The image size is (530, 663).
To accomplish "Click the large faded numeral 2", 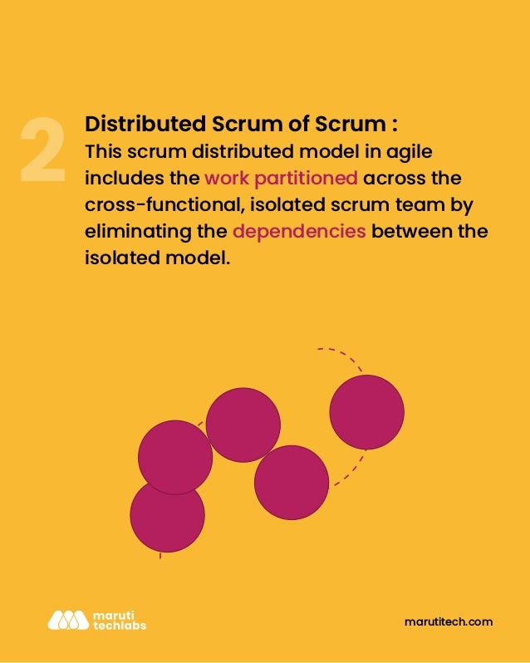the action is click(42, 150).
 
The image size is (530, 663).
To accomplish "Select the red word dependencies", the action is click(299, 230).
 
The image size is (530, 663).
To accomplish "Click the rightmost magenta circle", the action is click(366, 412).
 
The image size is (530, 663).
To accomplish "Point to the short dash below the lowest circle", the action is click(159, 556).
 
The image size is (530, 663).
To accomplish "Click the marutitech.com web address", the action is click(448, 621).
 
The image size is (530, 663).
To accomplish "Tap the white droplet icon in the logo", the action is click(67, 620).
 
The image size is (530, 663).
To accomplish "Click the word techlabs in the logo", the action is click(117, 625).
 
